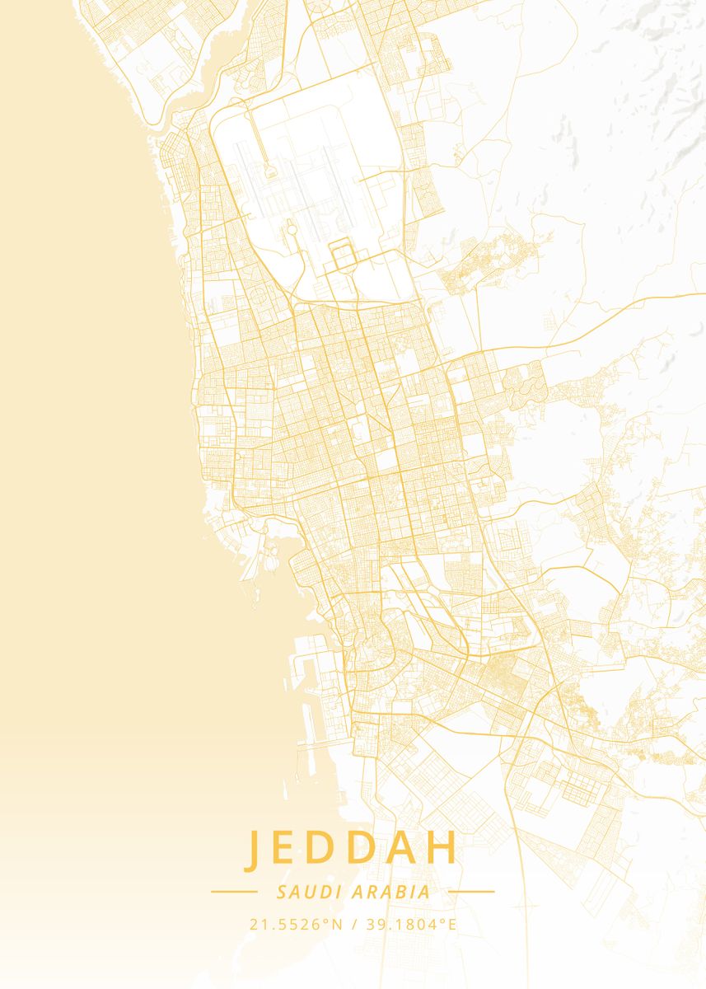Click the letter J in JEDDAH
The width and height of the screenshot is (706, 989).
tap(254, 850)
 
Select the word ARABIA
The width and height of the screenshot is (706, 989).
tap(391, 892)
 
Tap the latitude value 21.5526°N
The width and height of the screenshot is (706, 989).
tap(296, 925)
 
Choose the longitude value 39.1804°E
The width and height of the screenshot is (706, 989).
tap(410, 925)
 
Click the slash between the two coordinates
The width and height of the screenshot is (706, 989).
tap(354, 925)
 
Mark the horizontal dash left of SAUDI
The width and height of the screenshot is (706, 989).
tap(234, 892)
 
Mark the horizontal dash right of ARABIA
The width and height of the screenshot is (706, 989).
tap(472, 892)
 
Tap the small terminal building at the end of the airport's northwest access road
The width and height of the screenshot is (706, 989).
tap(269, 172)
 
